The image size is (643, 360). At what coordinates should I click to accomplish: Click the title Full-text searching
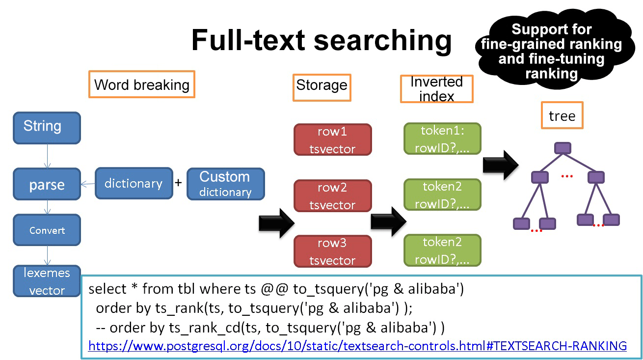pyautogui.click(x=321, y=40)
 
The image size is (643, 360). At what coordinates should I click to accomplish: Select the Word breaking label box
pyautogui.click(x=142, y=84)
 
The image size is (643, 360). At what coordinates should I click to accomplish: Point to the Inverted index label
pyautogui.click(x=436, y=89)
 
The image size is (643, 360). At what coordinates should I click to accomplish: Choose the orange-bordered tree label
pyautogui.click(x=562, y=115)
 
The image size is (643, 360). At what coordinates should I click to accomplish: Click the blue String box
pyautogui.click(x=47, y=128)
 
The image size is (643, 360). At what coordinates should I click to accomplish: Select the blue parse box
pyautogui.click(x=47, y=185)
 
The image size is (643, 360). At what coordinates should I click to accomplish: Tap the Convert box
pyautogui.click(x=47, y=230)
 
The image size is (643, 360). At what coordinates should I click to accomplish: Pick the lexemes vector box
pyautogui.click(x=47, y=281)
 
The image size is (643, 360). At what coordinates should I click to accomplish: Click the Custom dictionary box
pyautogui.click(x=225, y=184)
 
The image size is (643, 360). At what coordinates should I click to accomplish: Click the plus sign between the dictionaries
pyautogui.click(x=179, y=183)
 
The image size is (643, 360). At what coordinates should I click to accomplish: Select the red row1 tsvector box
pyautogui.click(x=332, y=140)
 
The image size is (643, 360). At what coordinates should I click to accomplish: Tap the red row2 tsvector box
pyautogui.click(x=332, y=196)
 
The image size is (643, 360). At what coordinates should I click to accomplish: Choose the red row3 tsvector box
pyautogui.click(x=332, y=251)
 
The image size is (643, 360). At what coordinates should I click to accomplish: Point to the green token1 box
pyautogui.click(x=442, y=139)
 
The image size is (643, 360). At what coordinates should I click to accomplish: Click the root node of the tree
pyautogui.click(x=563, y=148)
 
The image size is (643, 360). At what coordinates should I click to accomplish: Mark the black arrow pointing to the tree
pyautogui.click(x=500, y=165)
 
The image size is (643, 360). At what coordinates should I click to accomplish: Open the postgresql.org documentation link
pyautogui.click(x=357, y=346)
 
